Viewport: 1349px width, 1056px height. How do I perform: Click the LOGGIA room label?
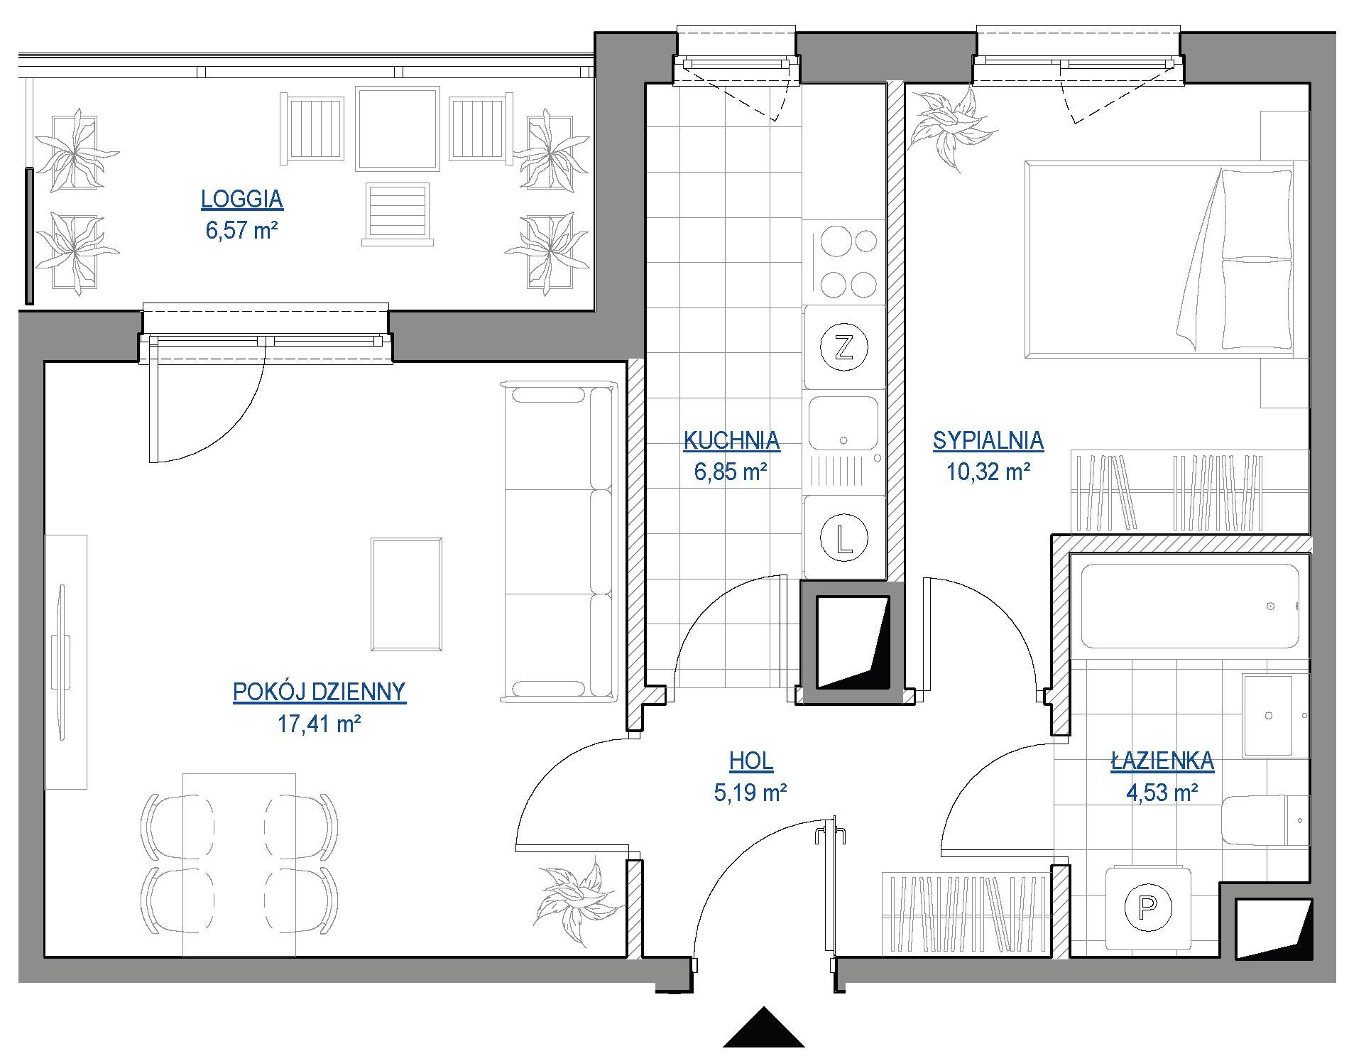tap(242, 199)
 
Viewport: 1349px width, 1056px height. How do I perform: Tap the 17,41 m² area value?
tap(319, 724)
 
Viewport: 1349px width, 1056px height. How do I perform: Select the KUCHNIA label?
tap(731, 440)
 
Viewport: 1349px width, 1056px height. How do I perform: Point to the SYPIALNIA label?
tap(988, 440)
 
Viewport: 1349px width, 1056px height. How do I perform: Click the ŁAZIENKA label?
tap(1162, 761)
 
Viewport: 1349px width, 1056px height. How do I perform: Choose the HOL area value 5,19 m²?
tap(750, 792)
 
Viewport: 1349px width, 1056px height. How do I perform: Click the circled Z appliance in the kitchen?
tap(843, 348)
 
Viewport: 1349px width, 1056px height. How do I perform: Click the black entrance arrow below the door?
tap(763, 1028)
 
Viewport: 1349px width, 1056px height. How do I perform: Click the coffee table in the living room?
tap(406, 594)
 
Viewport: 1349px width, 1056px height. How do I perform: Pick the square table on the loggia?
tap(396, 129)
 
